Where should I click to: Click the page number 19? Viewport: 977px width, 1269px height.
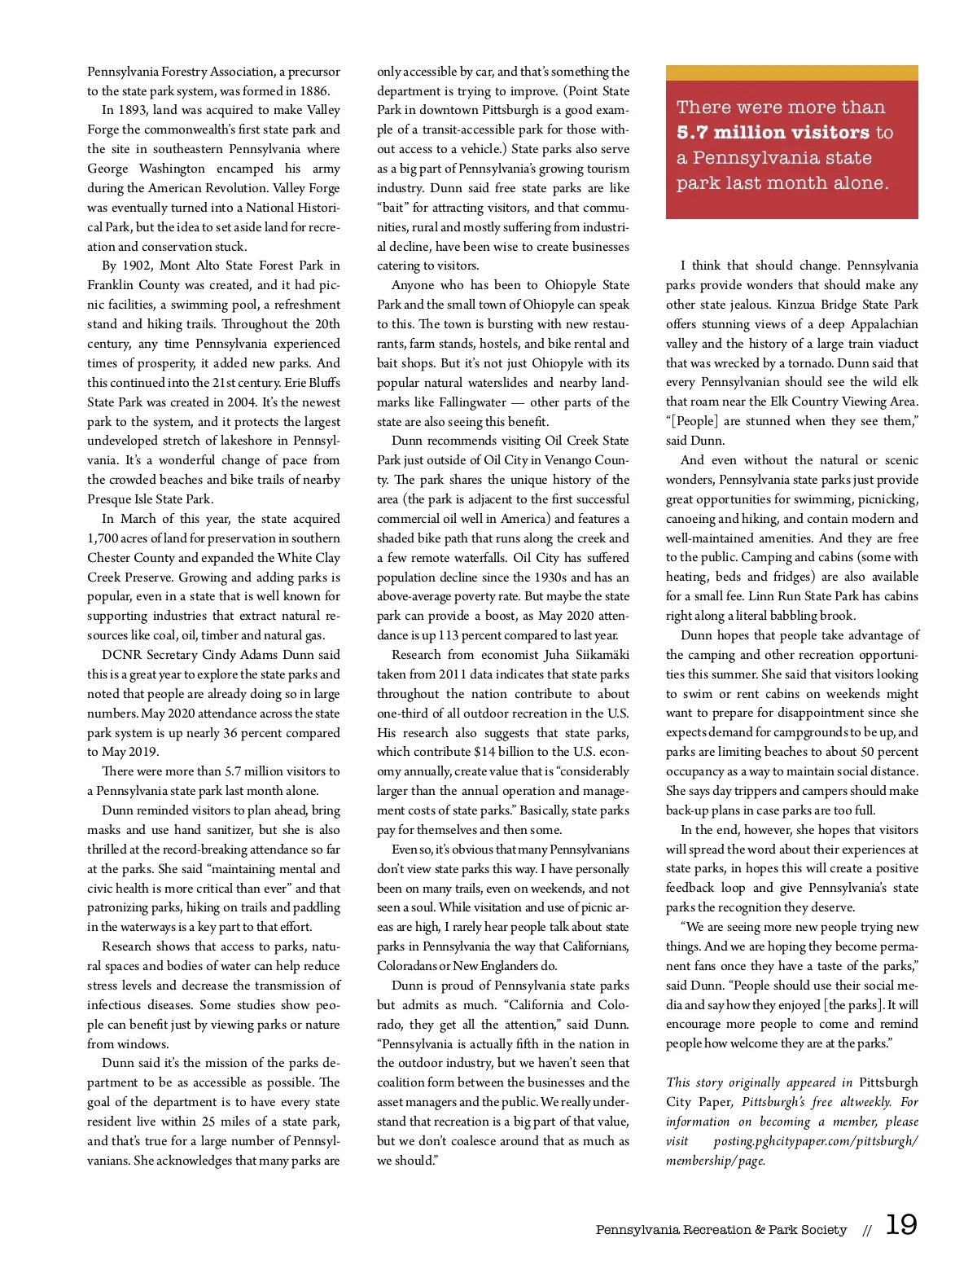coord(900,1225)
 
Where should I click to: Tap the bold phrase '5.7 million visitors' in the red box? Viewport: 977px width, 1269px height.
coord(773,132)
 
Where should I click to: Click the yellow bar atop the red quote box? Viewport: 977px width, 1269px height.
coord(791,72)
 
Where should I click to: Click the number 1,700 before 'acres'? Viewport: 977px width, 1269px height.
coord(103,538)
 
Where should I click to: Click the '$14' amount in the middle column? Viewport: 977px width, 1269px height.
coord(484,752)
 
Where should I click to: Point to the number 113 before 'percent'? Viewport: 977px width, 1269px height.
coord(449,635)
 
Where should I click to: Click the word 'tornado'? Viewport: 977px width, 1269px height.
coord(816,363)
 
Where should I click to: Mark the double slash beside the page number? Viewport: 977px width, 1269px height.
coord(868,1231)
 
